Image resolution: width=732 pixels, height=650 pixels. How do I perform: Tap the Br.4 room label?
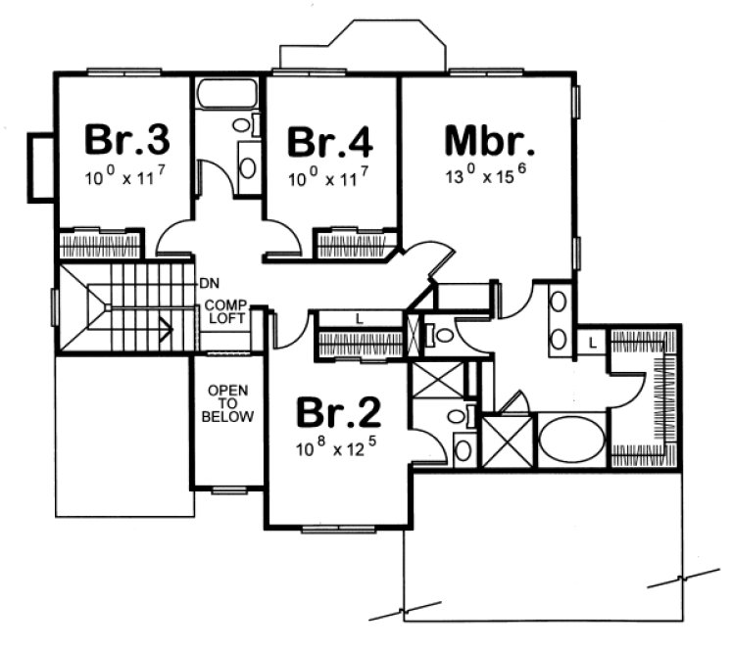coord(329,142)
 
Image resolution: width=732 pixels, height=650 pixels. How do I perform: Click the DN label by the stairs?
coord(208,283)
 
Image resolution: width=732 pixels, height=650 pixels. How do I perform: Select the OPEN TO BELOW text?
coord(227,403)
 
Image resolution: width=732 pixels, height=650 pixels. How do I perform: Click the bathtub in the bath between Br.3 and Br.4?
coord(226,95)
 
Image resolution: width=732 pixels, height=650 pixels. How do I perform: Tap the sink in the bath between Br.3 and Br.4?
coord(248,166)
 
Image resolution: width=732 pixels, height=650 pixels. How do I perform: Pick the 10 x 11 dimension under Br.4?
coord(329,180)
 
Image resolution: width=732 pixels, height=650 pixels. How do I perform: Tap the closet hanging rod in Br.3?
coord(102,242)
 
